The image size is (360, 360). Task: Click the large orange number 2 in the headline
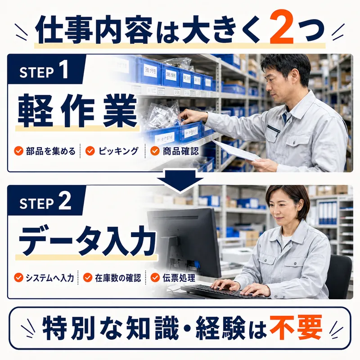click(x=282, y=27)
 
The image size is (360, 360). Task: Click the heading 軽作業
click(x=77, y=111)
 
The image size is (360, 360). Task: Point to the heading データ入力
click(x=87, y=241)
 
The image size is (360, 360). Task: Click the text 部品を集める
click(x=51, y=151)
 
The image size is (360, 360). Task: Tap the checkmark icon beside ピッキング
click(x=90, y=151)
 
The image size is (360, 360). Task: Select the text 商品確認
click(x=181, y=151)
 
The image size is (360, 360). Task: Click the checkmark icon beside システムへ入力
click(x=18, y=277)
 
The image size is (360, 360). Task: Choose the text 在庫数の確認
click(x=118, y=278)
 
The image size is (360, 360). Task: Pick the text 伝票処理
click(x=179, y=278)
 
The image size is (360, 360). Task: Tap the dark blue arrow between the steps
click(x=180, y=180)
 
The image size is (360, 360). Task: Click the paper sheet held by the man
click(x=237, y=150)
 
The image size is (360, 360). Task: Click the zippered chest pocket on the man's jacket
click(x=273, y=130)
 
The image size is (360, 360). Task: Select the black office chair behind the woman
click(x=339, y=275)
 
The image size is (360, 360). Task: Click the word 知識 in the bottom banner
click(x=153, y=328)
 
